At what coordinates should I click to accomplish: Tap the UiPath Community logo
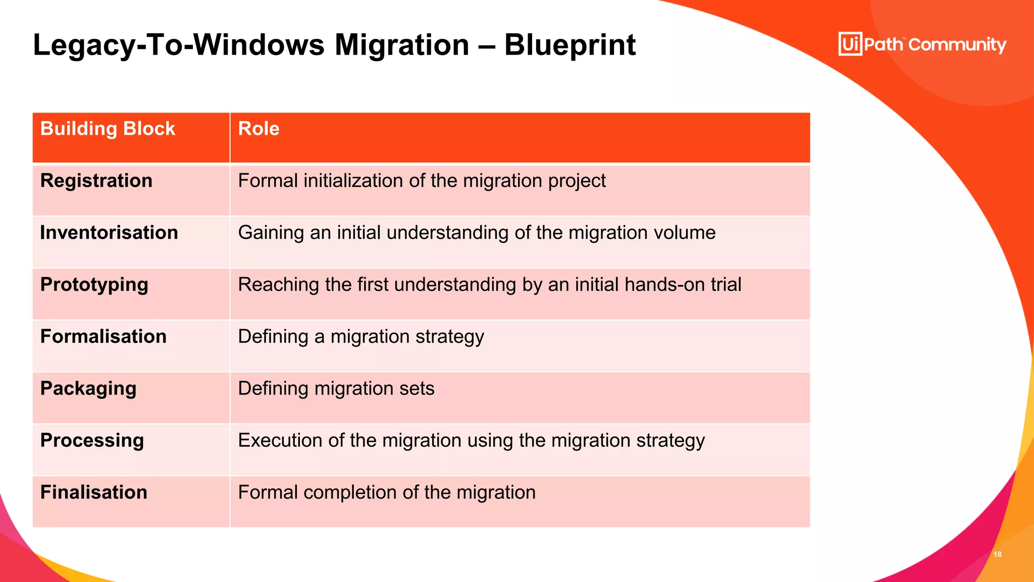pos(922,44)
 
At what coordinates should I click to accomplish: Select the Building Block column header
pos(108,129)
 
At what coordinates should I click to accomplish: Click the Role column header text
pos(258,129)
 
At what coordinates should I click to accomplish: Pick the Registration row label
pos(96,181)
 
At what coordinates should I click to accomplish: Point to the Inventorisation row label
pos(109,233)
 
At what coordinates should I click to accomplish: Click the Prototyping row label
pos(94,285)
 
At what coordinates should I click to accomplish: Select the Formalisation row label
pos(103,337)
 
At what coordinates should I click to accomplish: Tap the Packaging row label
pos(88,389)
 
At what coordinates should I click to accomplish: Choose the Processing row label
pos(92,441)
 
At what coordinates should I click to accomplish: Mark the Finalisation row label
pos(93,493)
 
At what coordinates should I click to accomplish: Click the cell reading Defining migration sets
pos(336,389)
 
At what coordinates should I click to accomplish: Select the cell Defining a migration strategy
pos(360,337)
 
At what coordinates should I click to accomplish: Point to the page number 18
pos(997,554)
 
